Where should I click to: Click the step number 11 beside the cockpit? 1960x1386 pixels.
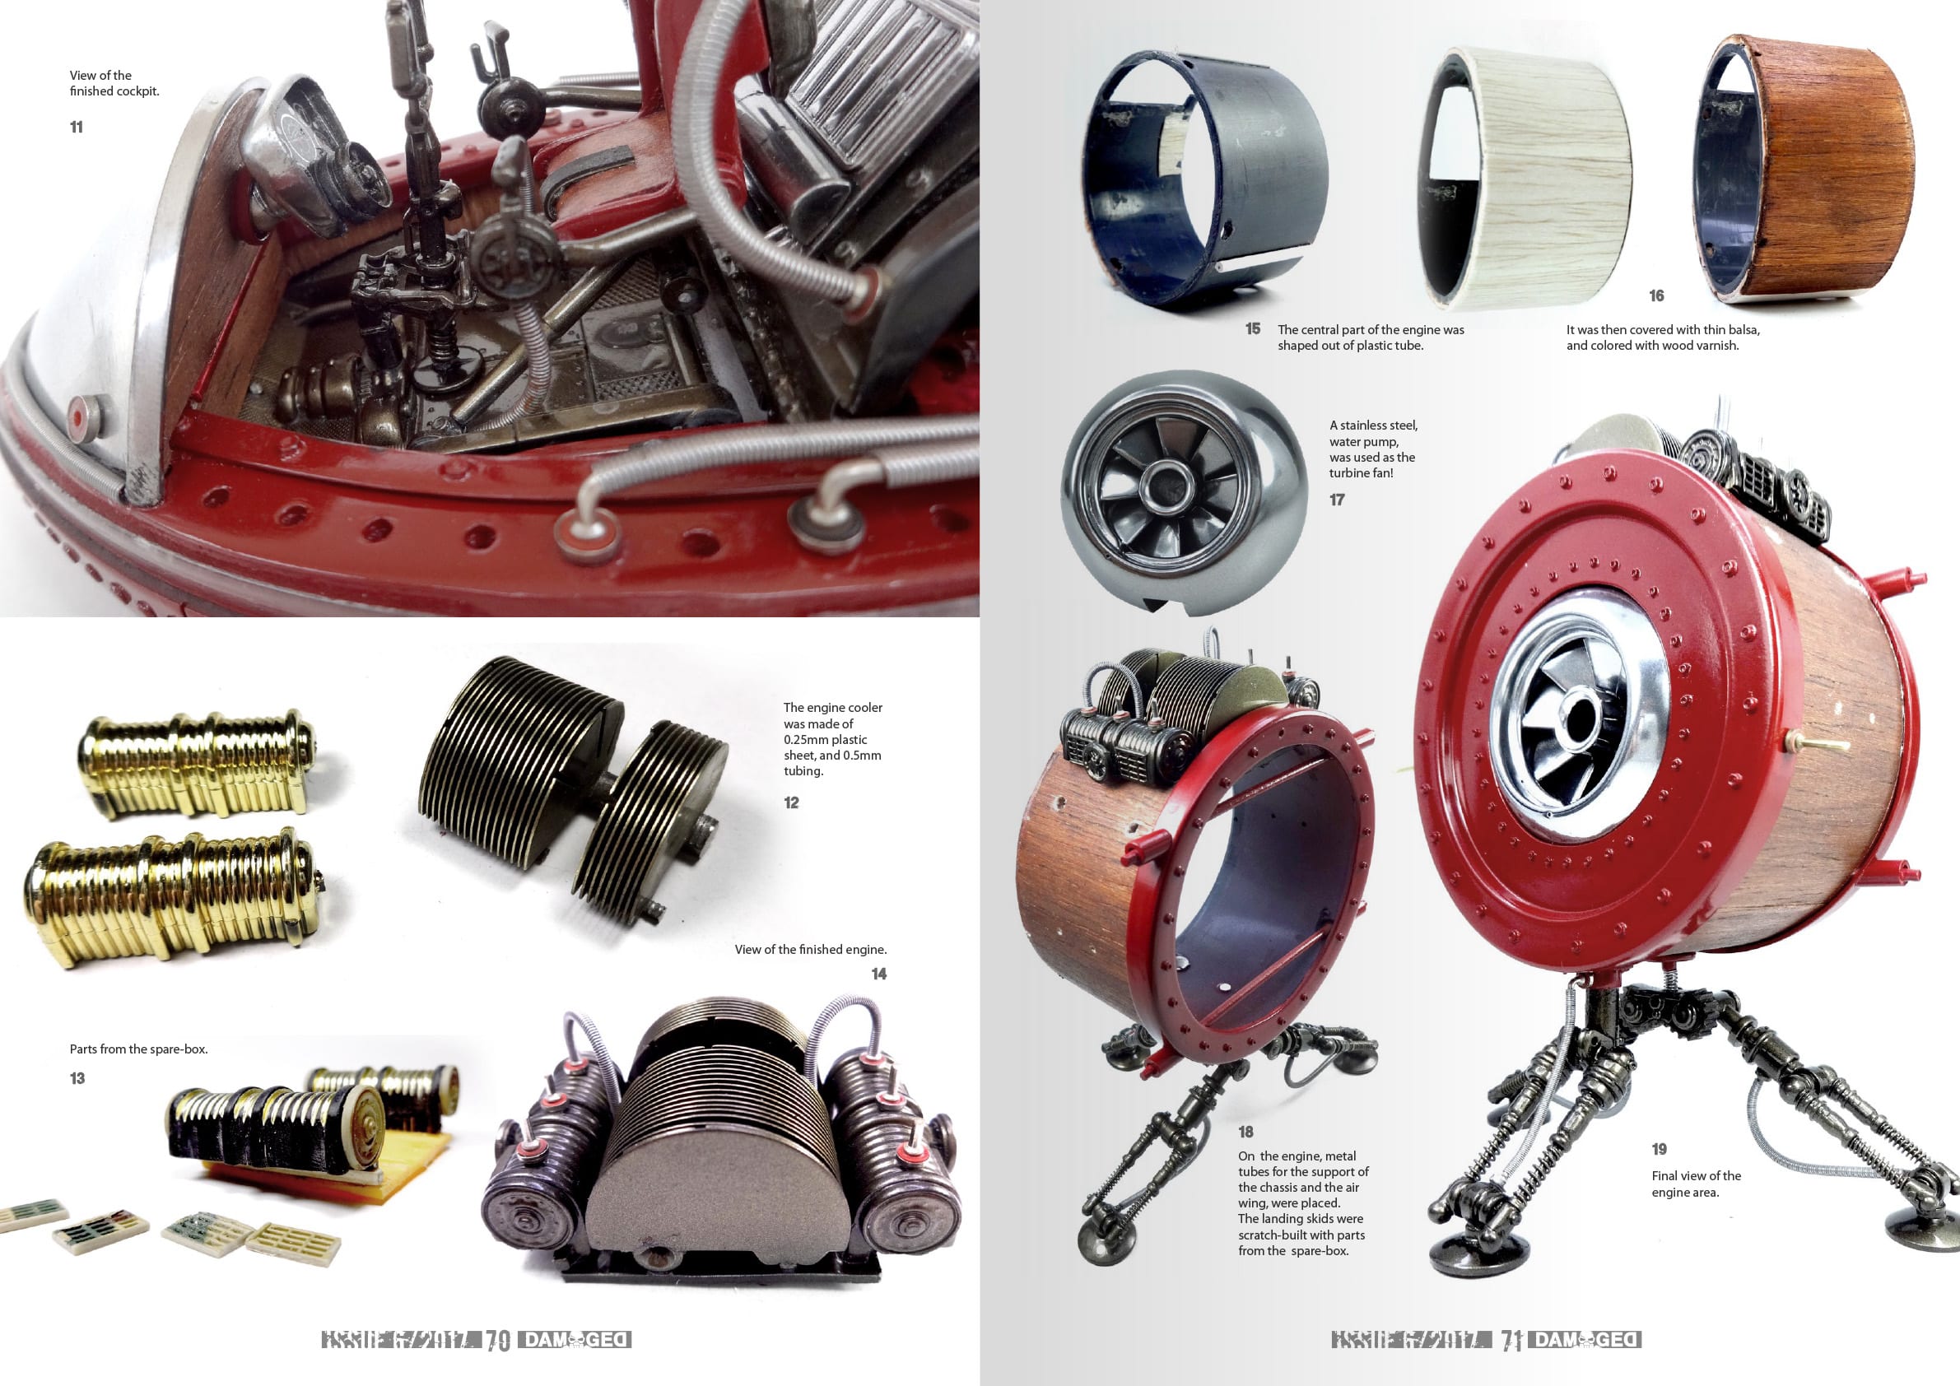[76, 128]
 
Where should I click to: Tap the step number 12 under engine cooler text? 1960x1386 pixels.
[790, 802]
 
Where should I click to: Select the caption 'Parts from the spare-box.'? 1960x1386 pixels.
[138, 1049]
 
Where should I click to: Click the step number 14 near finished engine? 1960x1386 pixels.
[878, 974]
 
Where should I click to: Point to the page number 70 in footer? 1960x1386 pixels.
[498, 1341]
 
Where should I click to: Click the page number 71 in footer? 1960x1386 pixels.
[1511, 1341]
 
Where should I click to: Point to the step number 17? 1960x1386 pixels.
[1337, 500]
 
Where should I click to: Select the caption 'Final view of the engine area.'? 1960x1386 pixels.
[1696, 1184]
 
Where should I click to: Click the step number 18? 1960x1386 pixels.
[1245, 1132]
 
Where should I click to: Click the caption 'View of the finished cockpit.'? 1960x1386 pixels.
[114, 83]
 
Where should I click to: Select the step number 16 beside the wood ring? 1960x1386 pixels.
[1656, 295]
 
